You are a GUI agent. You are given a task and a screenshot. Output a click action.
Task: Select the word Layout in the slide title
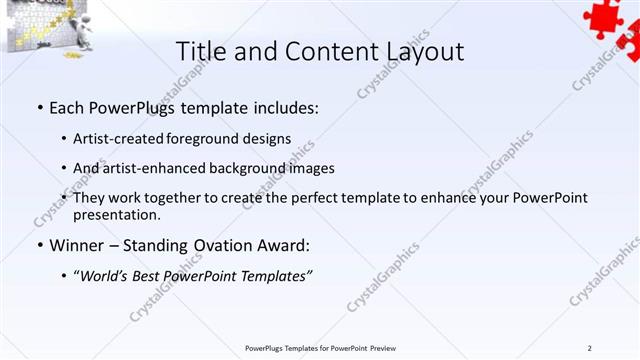(419, 53)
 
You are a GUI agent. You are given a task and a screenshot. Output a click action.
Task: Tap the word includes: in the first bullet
(285, 106)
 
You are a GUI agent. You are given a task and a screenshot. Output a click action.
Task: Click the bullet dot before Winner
(38, 245)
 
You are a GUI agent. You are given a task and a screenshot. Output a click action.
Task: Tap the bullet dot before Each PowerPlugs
(38, 106)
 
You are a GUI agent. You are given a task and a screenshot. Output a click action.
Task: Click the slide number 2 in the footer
(589, 347)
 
